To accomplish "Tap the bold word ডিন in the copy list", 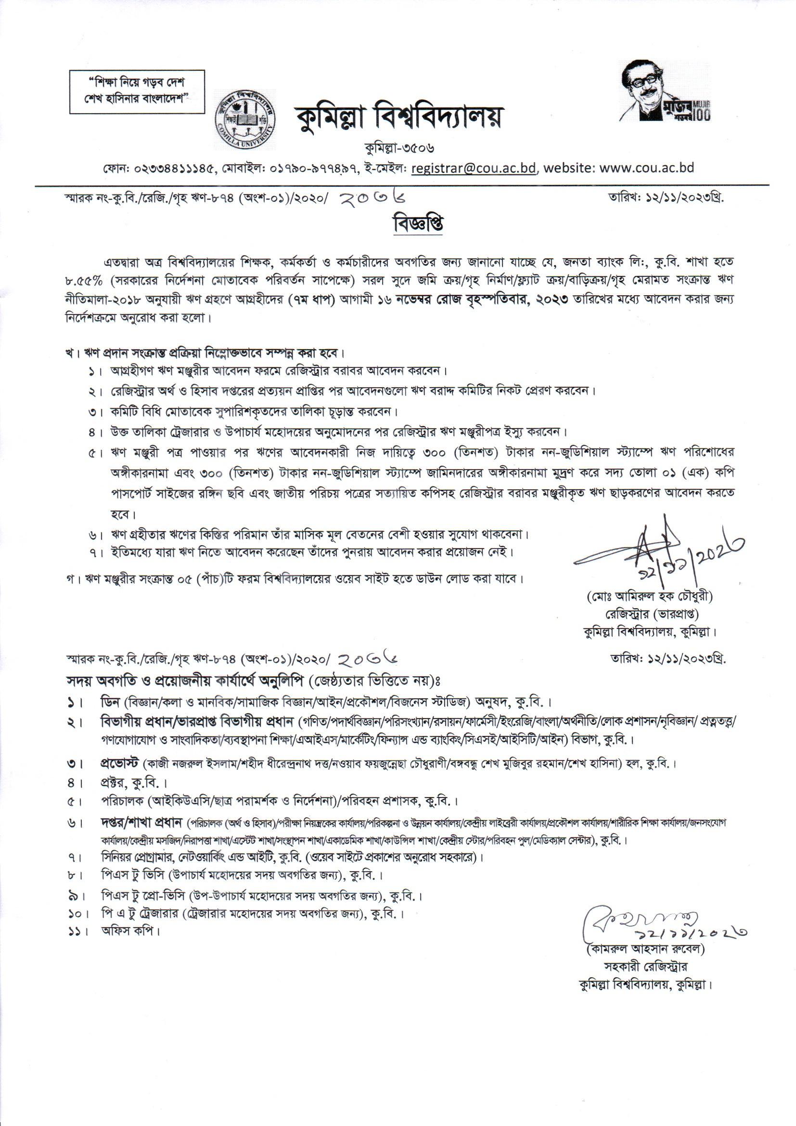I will (x=110, y=701).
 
